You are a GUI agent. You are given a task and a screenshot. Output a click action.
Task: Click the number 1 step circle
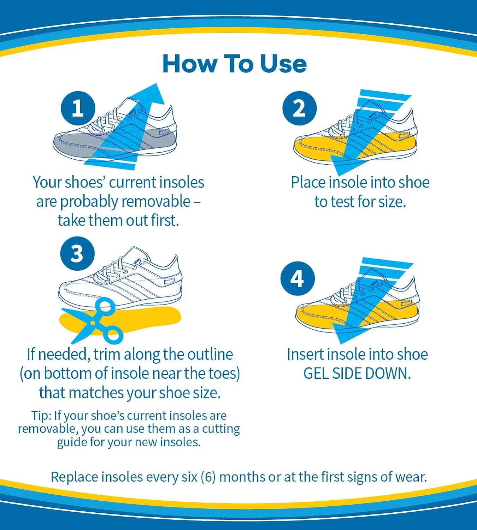click(x=78, y=108)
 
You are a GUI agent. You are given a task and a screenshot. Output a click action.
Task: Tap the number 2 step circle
click(x=299, y=108)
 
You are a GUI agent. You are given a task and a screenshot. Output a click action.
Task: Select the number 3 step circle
click(x=77, y=253)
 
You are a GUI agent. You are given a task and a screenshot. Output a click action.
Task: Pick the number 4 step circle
click(x=298, y=278)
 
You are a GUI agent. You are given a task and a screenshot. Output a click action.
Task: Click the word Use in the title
click(x=283, y=64)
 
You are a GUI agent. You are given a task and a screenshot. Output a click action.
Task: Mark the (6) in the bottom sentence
click(x=208, y=477)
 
